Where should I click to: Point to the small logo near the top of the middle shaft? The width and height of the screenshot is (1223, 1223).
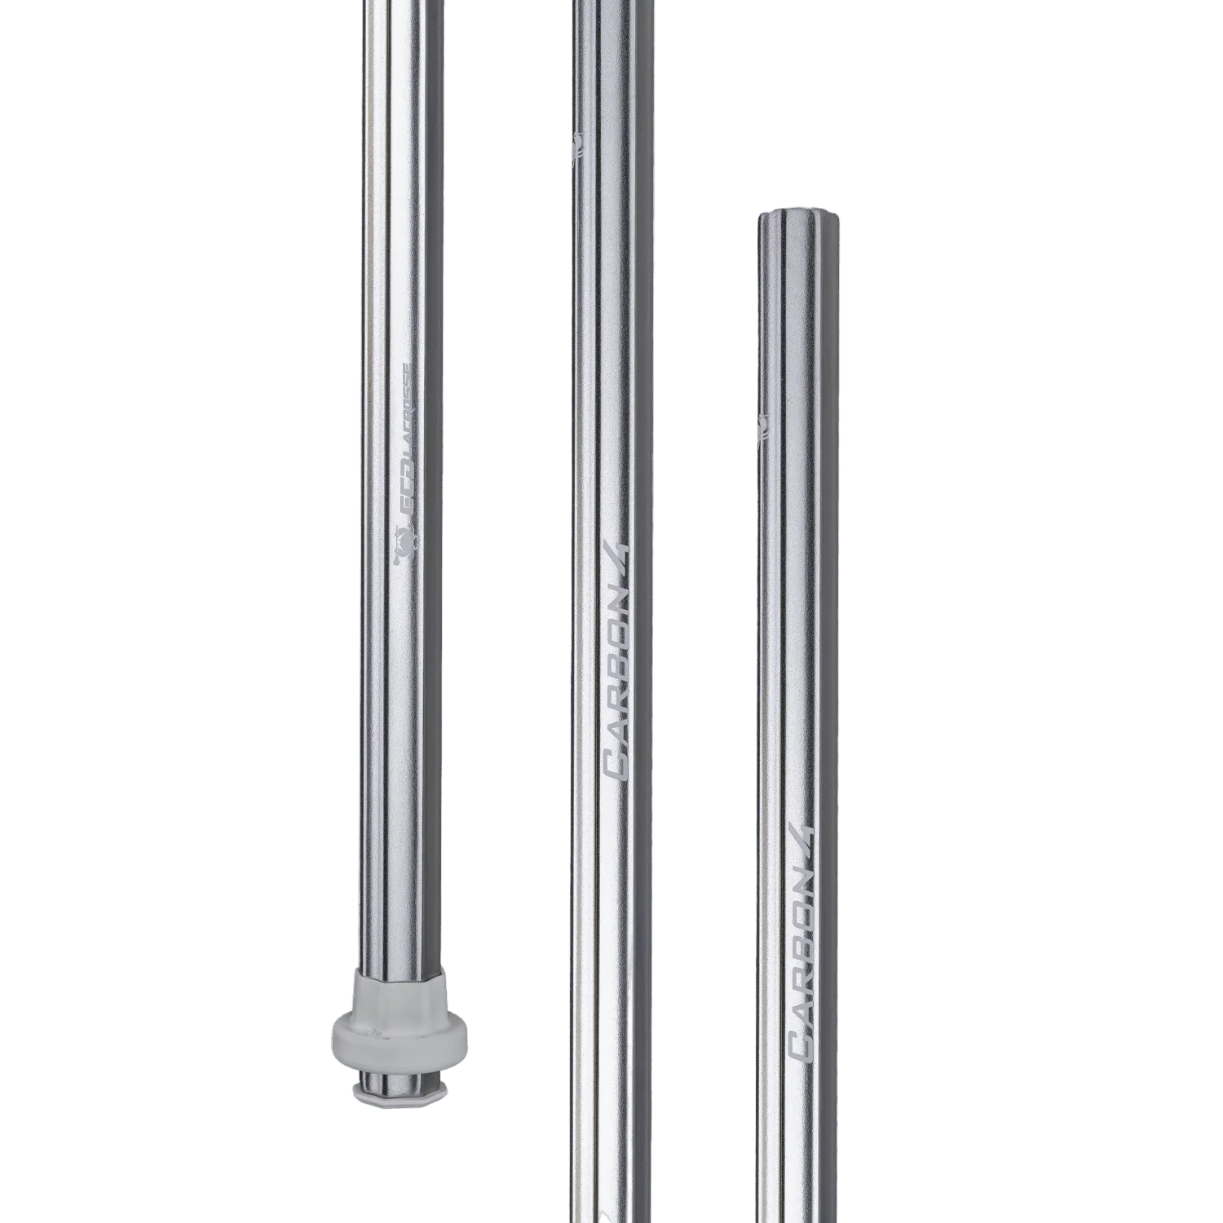577,147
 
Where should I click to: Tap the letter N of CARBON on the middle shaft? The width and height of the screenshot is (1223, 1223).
617,595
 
